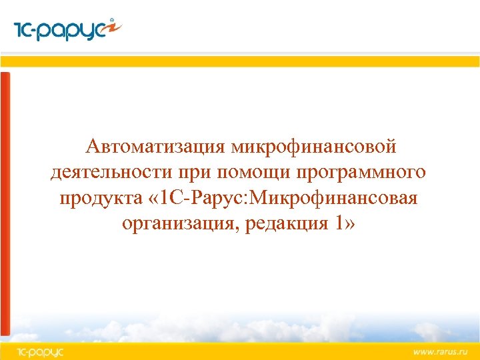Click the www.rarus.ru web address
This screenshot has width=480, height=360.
[x=441, y=351]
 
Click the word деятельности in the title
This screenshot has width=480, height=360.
[x=111, y=172]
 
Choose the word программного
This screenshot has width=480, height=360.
[x=356, y=172]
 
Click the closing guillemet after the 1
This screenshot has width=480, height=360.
[x=351, y=225]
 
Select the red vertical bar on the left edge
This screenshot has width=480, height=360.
[x=5, y=200]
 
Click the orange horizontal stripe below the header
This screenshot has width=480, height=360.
[x=240, y=61]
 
